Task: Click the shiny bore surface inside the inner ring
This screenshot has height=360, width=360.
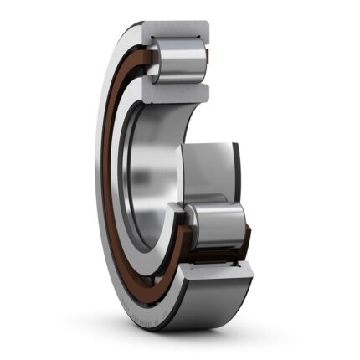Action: pos(138,184)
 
